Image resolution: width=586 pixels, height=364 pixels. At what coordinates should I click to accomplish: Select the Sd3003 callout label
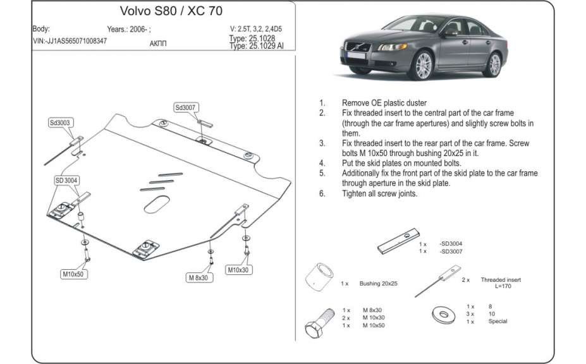(x=59, y=123)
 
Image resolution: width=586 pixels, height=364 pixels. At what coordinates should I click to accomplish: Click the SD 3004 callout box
(x=66, y=181)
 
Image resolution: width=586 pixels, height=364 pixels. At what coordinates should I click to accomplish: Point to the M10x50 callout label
(x=73, y=274)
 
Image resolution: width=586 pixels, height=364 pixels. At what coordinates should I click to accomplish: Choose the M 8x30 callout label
(x=198, y=277)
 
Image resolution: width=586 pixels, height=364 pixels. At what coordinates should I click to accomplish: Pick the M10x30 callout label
(x=239, y=270)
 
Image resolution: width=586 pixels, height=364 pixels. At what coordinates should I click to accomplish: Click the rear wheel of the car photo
(x=494, y=64)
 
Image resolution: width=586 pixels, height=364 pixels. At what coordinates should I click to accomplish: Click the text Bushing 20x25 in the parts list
(x=378, y=284)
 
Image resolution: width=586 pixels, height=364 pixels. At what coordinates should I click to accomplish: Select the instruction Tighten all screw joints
(x=379, y=194)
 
